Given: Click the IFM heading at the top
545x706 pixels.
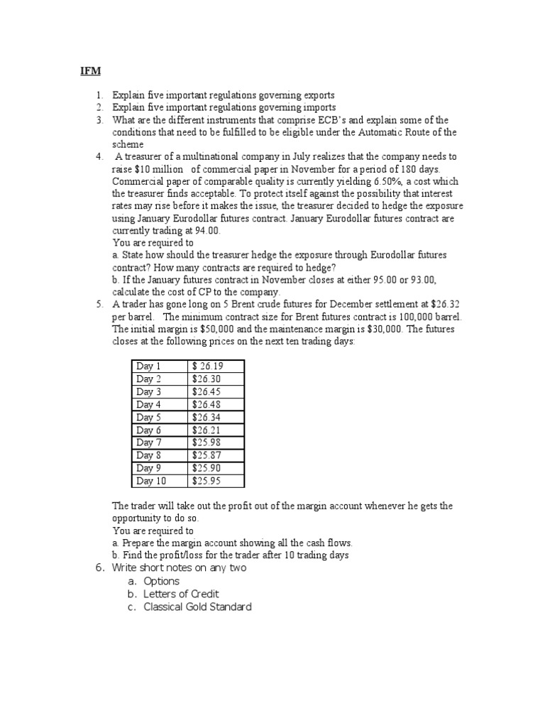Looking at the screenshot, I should pyautogui.click(x=85, y=71).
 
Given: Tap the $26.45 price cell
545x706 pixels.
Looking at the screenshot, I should pyautogui.click(x=206, y=392).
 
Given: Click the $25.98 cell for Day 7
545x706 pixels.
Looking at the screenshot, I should pyautogui.click(x=206, y=443).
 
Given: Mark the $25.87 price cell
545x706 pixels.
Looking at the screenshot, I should pyautogui.click(x=206, y=456).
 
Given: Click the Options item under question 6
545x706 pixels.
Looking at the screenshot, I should pyautogui.click(x=161, y=581).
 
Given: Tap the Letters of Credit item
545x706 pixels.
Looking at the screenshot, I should pyautogui.click(x=181, y=594).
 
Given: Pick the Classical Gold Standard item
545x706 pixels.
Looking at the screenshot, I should pyautogui.click(x=197, y=607).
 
